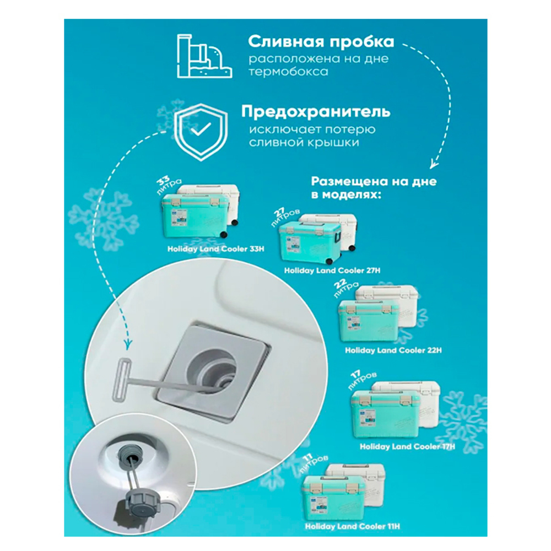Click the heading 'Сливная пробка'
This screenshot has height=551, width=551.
pyautogui.click(x=321, y=42)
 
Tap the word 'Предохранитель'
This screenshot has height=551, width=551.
pyautogui.click(x=316, y=111)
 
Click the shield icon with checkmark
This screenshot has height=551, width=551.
pyautogui.click(x=200, y=131)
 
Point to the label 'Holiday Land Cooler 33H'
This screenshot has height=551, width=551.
pyautogui.click(x=216, y=249)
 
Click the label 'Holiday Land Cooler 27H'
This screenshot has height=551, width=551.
pyautogui.click(x=332, y=271)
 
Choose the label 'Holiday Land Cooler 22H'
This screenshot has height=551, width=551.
pyautogui.click(x=393, y=350)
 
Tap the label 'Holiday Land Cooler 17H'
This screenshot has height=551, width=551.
pyautogui.click(x=407, y=447)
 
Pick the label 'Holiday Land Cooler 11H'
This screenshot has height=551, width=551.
pyautogui.click(x=359, y=527)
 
